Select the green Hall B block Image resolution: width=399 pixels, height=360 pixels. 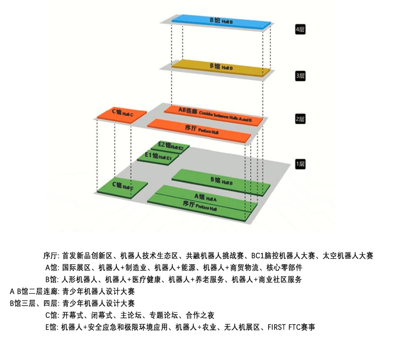pyautogui.click(x=221, y=181)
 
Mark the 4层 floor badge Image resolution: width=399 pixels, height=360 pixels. pyautogui.click(x=300, y=30)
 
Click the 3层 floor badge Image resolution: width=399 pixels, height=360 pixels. pyautogui.click(x=300, y=76)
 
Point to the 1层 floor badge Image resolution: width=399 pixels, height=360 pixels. pyautogui.click(x=300, y=165)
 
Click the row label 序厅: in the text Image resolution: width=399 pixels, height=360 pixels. pyautogui.click(x=51, y=256)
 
